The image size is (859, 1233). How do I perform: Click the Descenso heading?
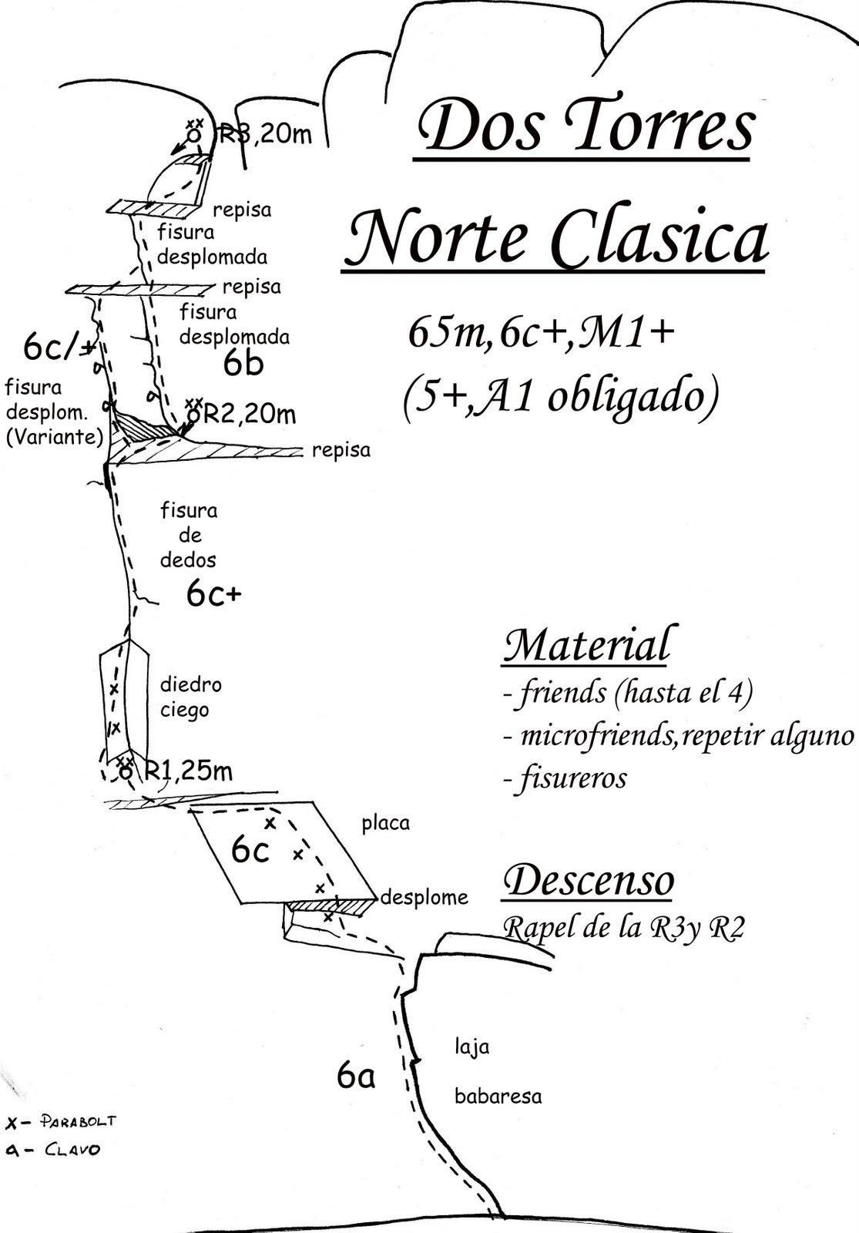click(x=589, y=881)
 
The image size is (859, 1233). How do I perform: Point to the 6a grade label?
click(x=356, y=1075)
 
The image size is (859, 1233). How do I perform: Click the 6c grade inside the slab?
click(x=250, y=850)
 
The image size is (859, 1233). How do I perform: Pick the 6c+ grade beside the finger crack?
click(x=213, y=593)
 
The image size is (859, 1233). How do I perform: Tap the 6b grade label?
click(x=243, y=364)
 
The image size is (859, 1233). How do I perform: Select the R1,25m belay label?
click(x=189, y=770)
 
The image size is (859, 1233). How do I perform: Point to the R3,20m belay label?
click(x=266, y=135)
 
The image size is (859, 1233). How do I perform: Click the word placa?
click(x=385, y=824)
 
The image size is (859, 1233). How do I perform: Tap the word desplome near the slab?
click(x=424, y=898)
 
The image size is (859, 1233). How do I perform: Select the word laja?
click(x=471, y=1047)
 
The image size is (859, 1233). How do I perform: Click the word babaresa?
click(x=498, y=1096)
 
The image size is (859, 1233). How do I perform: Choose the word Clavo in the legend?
click(x=72, y=1150)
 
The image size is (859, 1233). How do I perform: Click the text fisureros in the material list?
click(x=572, y=779)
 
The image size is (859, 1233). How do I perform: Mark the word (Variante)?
click(x=54, y=437)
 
